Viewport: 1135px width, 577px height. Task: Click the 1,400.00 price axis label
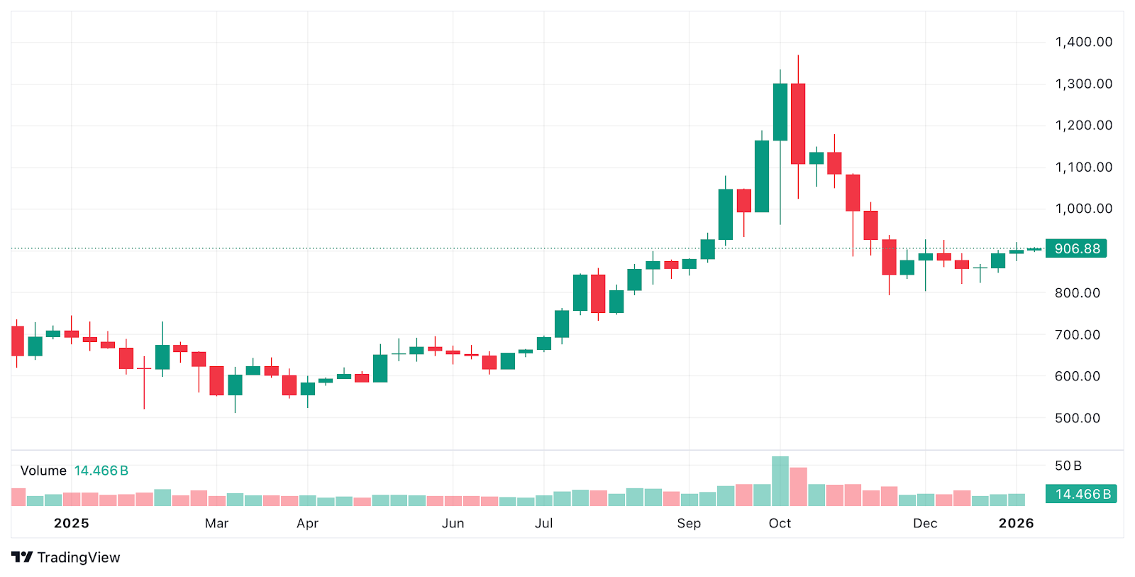pyautogui.click(x=1083, y=42)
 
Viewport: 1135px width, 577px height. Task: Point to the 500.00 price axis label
pyautogui.click(x=1077, y=418)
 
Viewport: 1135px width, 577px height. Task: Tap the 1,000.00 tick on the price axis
pyautogui.click(x=1083, y=209)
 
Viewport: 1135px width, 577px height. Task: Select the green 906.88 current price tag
pyautogui.click(x=1076, y=248)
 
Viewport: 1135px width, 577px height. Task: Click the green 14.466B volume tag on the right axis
pyautogui.click(x=1081, y=494)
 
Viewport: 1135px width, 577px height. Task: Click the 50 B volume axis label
pyautogui.click(x=1068, y=466)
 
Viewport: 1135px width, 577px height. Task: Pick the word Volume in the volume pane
pyautogui.click(x=43, y=471)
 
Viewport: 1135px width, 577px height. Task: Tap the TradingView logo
pyautogui.click(x=66, y=557)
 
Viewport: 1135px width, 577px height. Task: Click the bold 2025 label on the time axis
pyautogui.click(x=72, y=523)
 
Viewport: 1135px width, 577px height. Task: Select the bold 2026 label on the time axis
pyautogui.click(x=1016, y=523)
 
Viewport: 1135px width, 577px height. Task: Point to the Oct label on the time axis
pyautogui.click(x=780, y=523)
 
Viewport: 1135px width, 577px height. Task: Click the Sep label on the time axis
pyautogui.click(x=689, y=523)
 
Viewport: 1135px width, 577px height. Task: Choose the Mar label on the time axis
pyautogui.click(x=216, y=523)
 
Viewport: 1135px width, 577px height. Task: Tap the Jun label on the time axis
pyautogui.click(x=453, y=523)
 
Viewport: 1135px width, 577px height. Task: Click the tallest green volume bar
pyautogui.click(x=780, y=481)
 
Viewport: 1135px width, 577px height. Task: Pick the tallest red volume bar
pyautogui.click(x=798, y=487)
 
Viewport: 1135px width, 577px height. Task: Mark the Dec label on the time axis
pyautogui.click(x=925, y=523)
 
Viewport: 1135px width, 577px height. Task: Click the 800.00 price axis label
pyautogui.click(x=1077, y=292)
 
